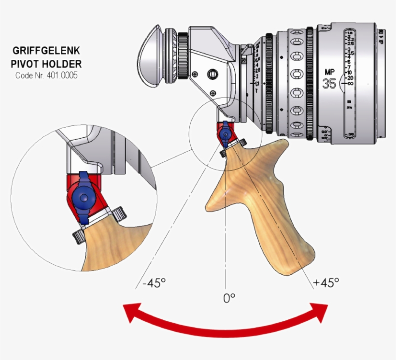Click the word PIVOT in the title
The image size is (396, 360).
click(24, 63)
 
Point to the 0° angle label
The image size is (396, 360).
click(229, 298)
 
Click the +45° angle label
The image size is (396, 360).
click(326, 282)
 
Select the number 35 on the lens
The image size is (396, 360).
click(329, 84)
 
